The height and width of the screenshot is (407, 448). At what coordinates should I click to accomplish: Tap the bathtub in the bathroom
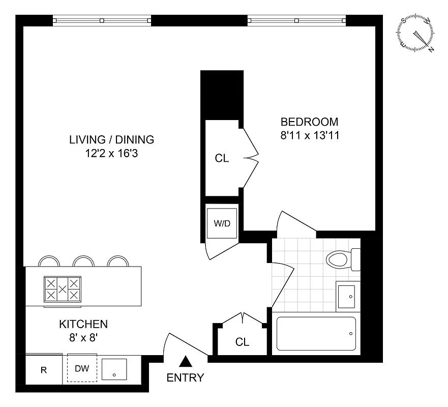(x=316, y=334)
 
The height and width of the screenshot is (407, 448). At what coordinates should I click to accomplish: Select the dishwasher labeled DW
(x=82, y=368)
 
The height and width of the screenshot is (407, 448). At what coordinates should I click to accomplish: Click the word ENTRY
(x=186, y=378)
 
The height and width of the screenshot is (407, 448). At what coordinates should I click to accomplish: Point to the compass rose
(x=417, y=34)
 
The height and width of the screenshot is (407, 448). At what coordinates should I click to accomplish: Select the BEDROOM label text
(x=309, y=122)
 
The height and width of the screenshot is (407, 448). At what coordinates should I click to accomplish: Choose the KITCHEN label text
(x=83, y=324)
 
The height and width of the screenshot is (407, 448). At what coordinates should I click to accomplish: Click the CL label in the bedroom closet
(x=222, y=158)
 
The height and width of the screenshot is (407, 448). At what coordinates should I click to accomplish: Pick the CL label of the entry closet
(x=243, y=342)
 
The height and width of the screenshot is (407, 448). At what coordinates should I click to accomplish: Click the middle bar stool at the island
(x=83, y=261)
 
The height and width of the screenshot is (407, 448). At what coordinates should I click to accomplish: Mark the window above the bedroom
(x=297, y=21)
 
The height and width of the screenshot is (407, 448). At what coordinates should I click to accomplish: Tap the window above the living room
(x=102, y=21)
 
